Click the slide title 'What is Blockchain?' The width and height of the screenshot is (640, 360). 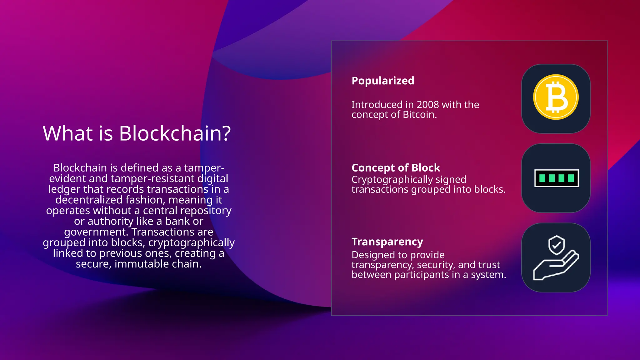pos(137,133)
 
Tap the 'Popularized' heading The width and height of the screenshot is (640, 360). pos(383,81)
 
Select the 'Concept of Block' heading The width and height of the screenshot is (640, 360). pos(396,168)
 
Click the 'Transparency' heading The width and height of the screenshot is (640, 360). pos(387,242)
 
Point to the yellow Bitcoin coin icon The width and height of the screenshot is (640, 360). pos(556,97)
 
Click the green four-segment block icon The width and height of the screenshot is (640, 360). pos(556,178)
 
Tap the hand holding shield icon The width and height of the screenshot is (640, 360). pos(556,258)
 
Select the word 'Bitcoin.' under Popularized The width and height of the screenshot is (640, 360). pos(420,115)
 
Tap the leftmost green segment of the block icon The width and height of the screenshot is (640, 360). pos(542,178)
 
